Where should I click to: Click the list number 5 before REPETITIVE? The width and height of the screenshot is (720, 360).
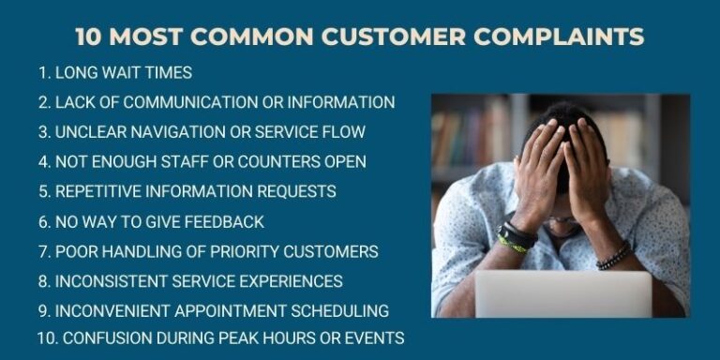(43, 191)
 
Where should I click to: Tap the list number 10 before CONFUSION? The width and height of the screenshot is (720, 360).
(45, 337)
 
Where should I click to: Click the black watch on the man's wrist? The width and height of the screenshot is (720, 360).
(517, 234)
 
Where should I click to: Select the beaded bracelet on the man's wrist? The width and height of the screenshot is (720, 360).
(614, 255)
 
